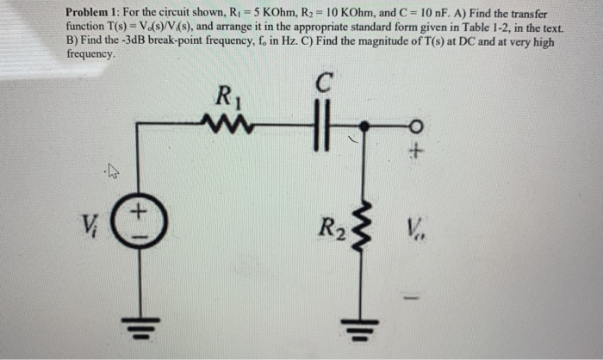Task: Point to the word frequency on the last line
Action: click(90, 53)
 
